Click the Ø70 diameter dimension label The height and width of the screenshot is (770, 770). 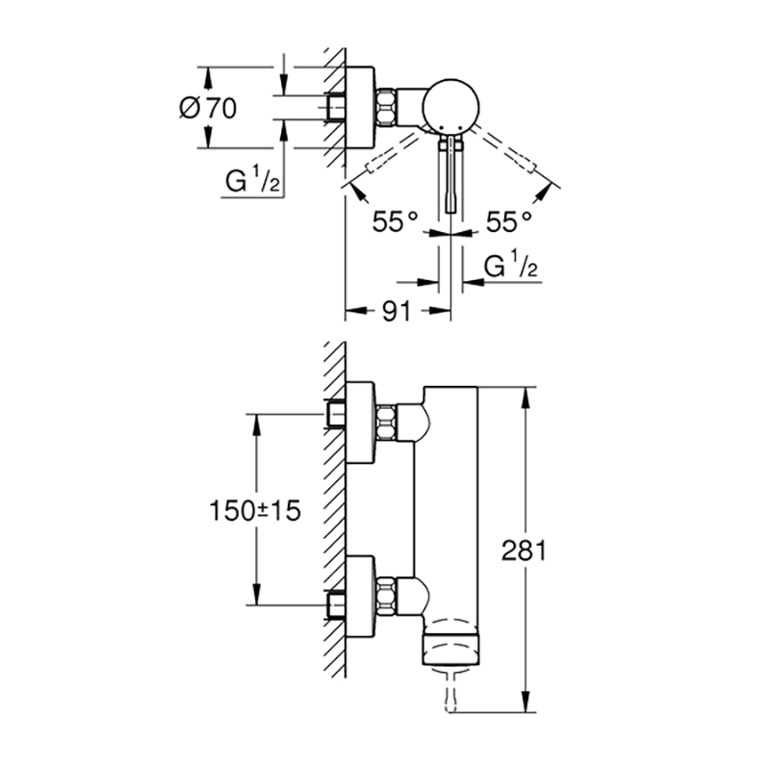click(x=208, y=108)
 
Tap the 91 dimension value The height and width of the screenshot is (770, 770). click(x=396, y=311)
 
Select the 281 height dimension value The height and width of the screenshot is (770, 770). click(x=524, y=551)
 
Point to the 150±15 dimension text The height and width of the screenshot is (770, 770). click(x=254, y=511)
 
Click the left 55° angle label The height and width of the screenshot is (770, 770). click(x=395, y=221)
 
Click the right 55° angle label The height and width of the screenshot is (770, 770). click(x=509, y=221)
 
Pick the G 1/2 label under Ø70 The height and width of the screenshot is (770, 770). click(x=252, y=181)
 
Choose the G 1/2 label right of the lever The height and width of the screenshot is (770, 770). click(x=511, y=266)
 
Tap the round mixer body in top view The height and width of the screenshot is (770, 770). click(x=449, y=105)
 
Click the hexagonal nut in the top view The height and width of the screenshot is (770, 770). click(x=387, y=107)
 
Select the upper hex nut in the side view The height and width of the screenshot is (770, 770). click(x=387, y=422)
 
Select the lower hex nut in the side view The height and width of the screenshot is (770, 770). click(x=387, y=596)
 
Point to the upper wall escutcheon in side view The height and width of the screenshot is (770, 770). click(x=361, y=422)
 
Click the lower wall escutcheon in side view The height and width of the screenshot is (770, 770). click(x=361, y=596)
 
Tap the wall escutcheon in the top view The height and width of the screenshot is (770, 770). click(x=361, y=107)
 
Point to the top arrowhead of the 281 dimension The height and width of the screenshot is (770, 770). click(x=526, y=397)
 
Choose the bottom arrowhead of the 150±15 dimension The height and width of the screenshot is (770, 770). click(x=256, y=595)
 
